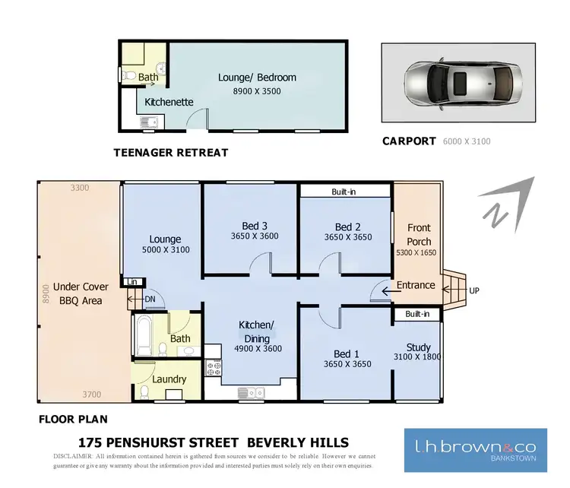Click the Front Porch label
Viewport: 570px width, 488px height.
(x=419, y=234)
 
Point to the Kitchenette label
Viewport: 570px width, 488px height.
(x=169, y=102)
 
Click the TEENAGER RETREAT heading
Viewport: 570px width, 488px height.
(x=170, y=153)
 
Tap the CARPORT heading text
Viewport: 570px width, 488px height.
(x=409, y=141)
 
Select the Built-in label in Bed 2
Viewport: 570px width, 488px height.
(x=344, y=192)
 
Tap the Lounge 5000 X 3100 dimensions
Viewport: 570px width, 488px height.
(x=166, y=249)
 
